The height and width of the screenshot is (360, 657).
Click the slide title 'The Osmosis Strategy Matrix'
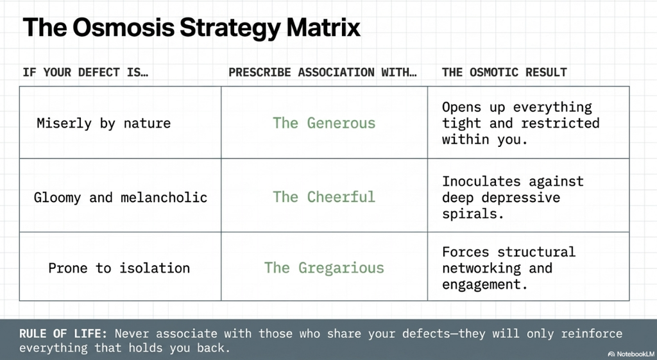191,28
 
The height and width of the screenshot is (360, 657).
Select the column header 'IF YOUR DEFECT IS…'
85,72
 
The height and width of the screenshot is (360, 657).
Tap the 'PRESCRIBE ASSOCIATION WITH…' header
323,72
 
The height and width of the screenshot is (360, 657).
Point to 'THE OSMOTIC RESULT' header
504,72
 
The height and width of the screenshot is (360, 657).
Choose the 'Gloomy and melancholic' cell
121,198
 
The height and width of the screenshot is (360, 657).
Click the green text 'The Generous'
324,123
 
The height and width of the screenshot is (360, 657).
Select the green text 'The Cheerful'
324,196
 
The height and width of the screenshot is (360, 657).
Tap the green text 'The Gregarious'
324,268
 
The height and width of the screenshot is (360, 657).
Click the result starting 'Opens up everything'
521,123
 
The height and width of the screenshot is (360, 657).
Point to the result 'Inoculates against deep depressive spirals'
513,198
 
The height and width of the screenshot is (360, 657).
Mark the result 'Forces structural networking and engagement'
509,268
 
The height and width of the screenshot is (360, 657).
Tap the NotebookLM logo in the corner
630,354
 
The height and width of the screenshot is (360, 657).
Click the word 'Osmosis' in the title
124,28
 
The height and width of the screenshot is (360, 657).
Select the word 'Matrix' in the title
323,28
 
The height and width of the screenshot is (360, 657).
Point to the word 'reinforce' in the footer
592,334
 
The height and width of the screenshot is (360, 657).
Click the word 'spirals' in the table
473,214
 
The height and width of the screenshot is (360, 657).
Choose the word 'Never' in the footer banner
132,334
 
